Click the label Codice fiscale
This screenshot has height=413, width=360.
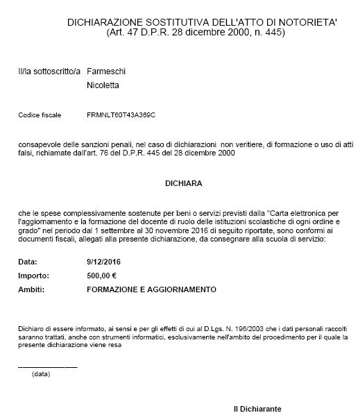coord(40,113)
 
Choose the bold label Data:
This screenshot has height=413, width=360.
coord(27,262)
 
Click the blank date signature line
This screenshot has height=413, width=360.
coord(47,365)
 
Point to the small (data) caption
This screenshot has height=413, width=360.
coord(41,373)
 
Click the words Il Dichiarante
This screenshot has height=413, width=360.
coord(257,408)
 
